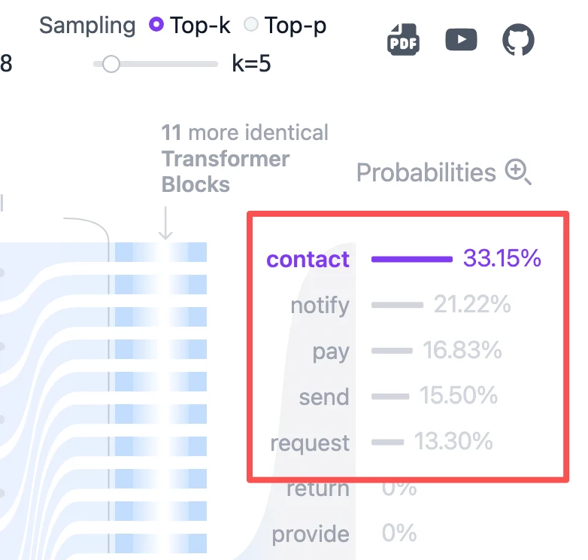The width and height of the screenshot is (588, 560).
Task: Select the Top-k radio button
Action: (156, 25)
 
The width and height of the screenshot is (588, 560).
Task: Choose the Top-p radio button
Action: (251, 25)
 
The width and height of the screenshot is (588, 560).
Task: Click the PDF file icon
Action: (403, 39)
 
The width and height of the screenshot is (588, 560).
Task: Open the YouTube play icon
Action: (461, 39)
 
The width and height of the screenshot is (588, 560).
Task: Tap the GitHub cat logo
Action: (518, 39)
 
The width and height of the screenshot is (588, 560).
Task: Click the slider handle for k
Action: (111, 64)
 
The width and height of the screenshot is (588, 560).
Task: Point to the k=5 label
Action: (251, 63)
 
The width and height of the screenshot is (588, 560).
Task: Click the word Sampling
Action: (87, 26)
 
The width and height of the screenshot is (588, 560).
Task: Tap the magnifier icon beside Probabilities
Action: (518, 172)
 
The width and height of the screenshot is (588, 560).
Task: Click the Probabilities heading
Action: (426, 172)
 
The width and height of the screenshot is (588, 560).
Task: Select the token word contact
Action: (308, 260)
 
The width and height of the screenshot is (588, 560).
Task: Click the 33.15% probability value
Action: (502, 258)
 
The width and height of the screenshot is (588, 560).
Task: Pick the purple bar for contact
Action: (412, 259)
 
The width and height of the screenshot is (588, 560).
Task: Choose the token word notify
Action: (320, 306)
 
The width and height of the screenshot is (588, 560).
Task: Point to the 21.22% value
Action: (472, 303)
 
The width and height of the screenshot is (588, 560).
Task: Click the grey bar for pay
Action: (392, 351)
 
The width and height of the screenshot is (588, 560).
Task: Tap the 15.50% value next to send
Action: (459, 395)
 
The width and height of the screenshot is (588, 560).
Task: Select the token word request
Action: (310, 443)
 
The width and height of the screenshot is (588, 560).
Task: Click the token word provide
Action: (311, 534)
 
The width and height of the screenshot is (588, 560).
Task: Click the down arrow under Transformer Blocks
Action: (165, 223)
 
